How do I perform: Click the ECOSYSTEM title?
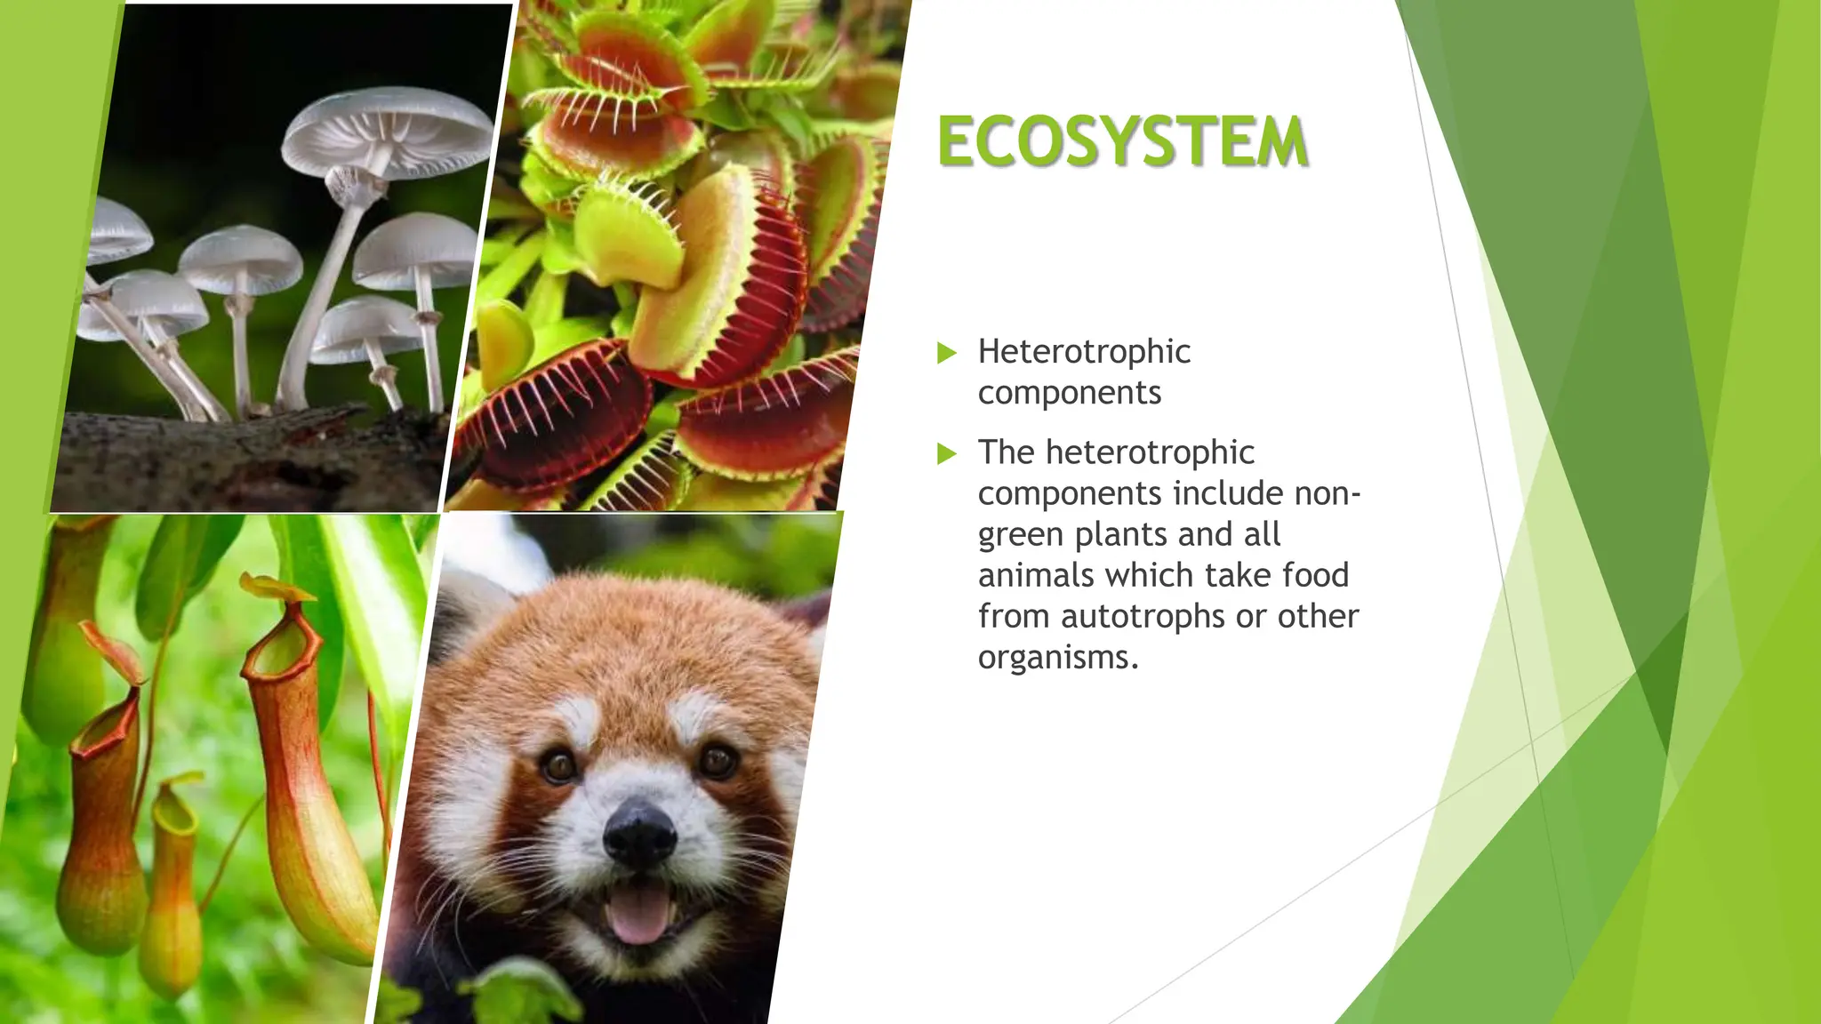(1122, 142)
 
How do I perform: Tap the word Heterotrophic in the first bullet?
(1084, 352)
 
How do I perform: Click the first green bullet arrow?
(947, 353)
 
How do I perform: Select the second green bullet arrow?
(947, 454)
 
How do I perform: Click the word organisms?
(1058, 658)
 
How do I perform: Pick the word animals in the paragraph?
(1037, 575)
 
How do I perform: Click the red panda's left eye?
(559, 765)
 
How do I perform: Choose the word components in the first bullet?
(1070, 393)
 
